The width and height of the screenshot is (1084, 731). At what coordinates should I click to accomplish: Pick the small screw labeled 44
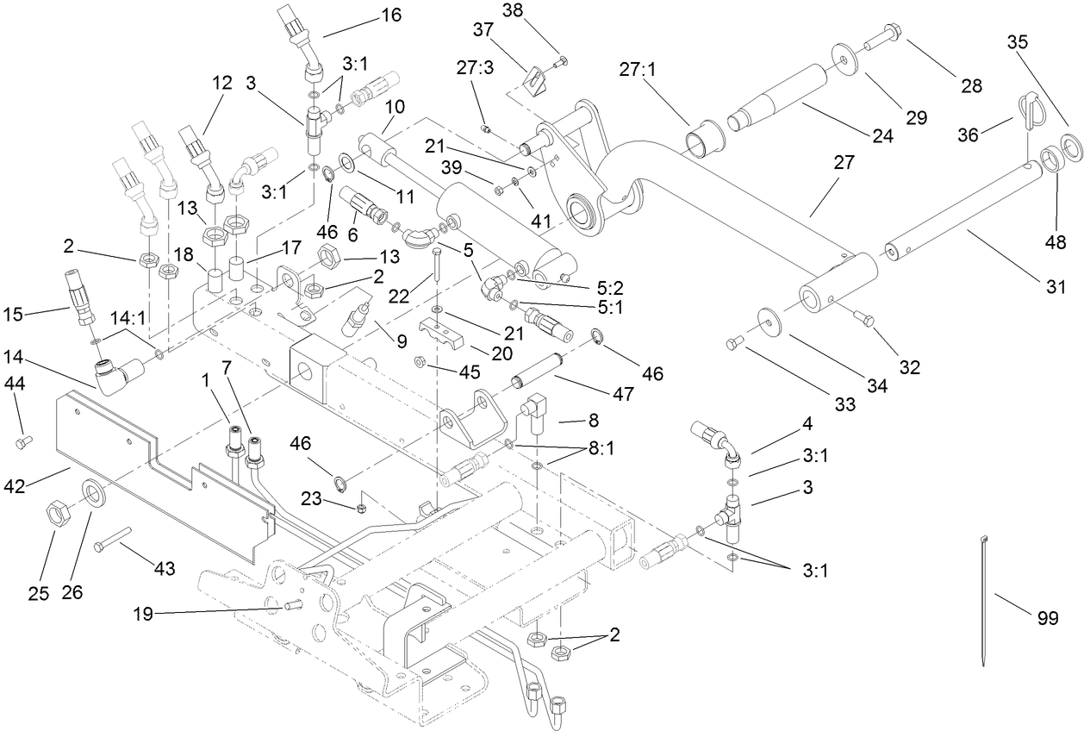point(22,442)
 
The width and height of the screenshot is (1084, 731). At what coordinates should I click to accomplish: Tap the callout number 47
point(623,394)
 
